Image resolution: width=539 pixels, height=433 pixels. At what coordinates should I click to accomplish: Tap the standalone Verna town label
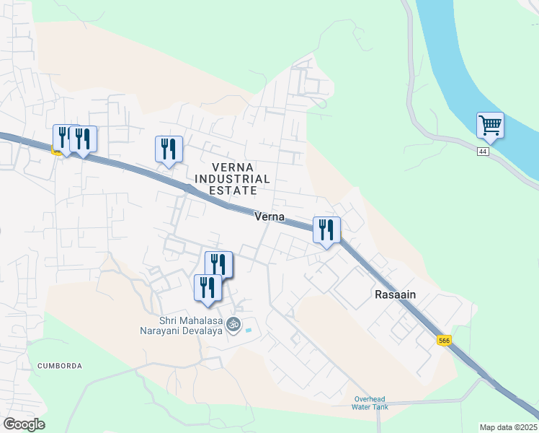point(269,216)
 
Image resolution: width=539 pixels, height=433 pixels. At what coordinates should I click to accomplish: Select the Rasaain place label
point(396,294)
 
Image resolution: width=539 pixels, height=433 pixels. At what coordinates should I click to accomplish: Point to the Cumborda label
point(60,366)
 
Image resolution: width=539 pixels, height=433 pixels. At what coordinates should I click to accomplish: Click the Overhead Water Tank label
point(370,403)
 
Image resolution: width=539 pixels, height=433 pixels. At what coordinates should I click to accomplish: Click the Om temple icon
point(233,325)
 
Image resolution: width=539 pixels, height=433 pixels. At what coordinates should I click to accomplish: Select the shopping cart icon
point(490,125)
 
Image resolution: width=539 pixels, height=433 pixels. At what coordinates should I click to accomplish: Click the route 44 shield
point(483,152)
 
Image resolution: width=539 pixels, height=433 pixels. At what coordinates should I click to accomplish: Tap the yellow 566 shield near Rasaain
point(445,341)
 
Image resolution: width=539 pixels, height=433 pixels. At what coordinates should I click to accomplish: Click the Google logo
point(24,424)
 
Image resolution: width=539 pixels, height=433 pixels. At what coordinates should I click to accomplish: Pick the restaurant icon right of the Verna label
point(326,230)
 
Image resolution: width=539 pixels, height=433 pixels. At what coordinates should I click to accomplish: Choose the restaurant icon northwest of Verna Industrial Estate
point(169,149)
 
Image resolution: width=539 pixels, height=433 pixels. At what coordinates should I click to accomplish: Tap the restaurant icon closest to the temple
point(208,287)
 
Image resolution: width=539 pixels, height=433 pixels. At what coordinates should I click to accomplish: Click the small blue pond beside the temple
point(249,331)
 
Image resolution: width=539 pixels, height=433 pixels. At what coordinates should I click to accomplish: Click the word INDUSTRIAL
point(231,178)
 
